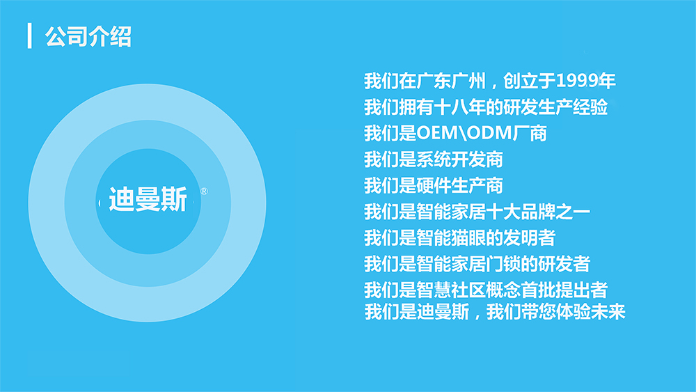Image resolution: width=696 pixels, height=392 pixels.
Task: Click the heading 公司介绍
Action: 88,36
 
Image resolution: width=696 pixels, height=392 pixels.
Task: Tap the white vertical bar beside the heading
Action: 29,36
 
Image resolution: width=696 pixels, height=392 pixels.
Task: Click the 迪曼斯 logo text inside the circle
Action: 148,199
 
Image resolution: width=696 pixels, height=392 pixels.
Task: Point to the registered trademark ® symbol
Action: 204,191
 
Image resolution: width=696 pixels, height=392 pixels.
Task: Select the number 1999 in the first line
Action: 576,81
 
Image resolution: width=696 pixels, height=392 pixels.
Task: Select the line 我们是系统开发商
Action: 434,159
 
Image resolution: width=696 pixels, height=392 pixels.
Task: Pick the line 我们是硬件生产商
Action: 434,186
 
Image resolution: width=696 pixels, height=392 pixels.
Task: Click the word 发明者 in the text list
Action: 530,238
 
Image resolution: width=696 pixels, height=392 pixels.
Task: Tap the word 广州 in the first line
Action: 468,81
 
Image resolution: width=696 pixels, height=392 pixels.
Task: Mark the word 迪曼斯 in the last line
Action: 443,312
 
